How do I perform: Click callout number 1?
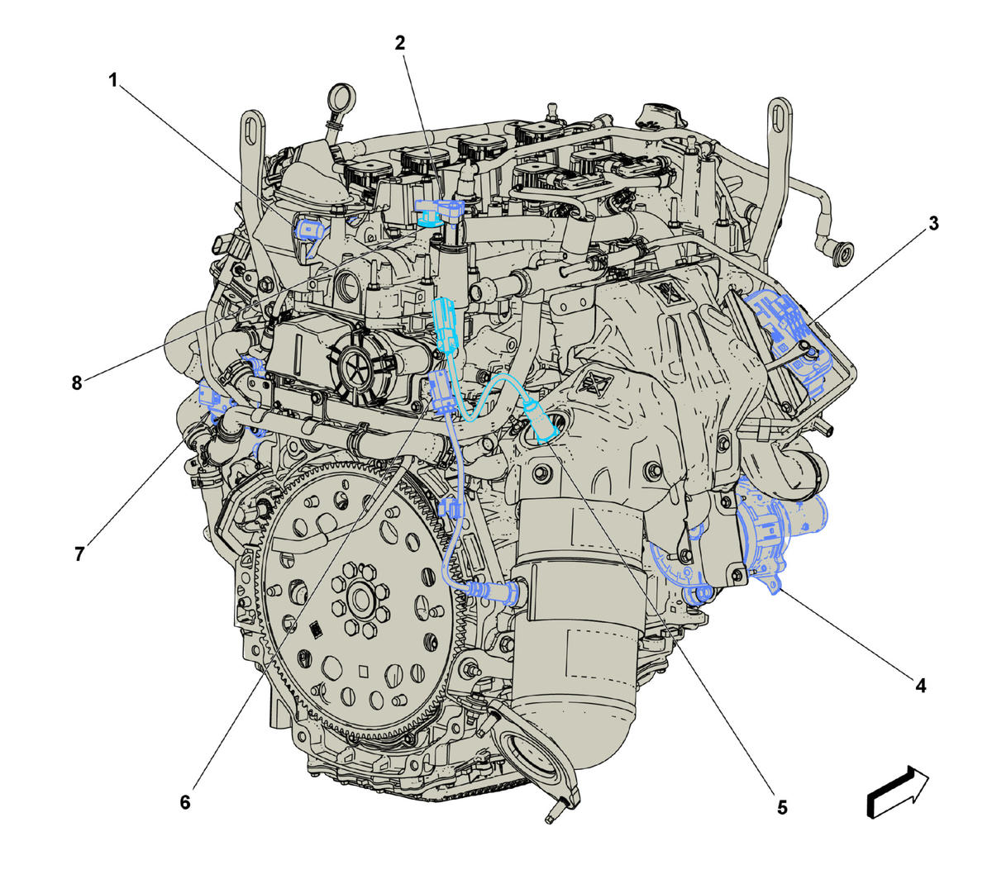point(113,80)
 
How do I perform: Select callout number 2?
point(400,44)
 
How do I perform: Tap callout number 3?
point(933,224)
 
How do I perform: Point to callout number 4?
point(921,686)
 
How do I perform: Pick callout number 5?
point(782,808)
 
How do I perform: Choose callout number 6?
point(185,802)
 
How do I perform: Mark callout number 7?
point(79,554)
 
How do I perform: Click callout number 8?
point(76,383)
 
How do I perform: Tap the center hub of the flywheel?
point(361,596)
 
